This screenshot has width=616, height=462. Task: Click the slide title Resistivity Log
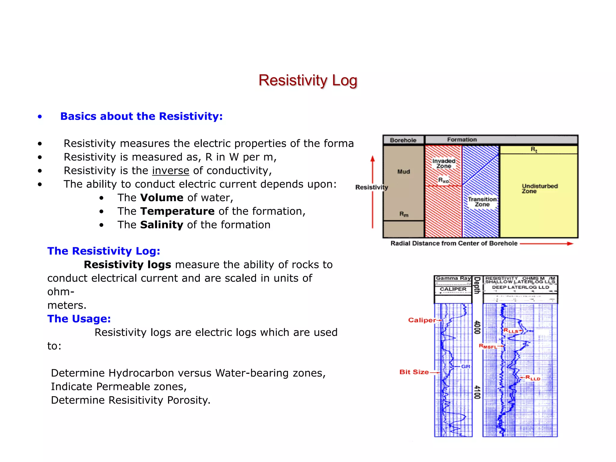pyautogui.click(x=308, y=80)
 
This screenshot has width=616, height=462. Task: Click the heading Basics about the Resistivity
pyautogui.click(x=141, y=116)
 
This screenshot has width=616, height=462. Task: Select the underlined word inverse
pyautogui.click(x=171, y=171)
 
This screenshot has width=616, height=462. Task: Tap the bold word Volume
pyautogui.click(x=162, y=198)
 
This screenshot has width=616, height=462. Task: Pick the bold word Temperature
pyautogui.click(x=177, y=211)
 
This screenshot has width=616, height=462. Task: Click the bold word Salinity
pyautogui.click(x=162, y=225)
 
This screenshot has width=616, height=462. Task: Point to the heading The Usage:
pyautogui.click(x=79, y=319)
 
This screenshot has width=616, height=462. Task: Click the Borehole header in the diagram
pyautogui.click(x=403, y=140)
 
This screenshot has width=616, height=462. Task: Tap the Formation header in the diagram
pyautogui.click(x=462, y=140)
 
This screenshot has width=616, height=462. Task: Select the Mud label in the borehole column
pyautogui.click(x=404, y=171)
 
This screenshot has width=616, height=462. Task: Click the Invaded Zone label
pyautogui.click(x=444, y=163)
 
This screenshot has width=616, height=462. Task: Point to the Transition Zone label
pyautogui.click(x=482, y=202)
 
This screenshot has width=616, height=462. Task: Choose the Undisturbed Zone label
pyautogui.click(x=540, y=188)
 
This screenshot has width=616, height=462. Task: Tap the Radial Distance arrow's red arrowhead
pyautogui.click(x=570, y=244)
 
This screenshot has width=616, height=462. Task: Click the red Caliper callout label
pyautogui.click(x=422, y=320)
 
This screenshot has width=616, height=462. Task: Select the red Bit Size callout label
pyautogui.click(x=414, y=372)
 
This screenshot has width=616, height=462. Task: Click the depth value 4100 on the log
pyautogui.click(x=477, y=392)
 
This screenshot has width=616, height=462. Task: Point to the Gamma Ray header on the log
pyautogui.click(x=453, y=278)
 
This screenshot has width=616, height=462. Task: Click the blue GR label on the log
pyautogui.click(x=466, y=366)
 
